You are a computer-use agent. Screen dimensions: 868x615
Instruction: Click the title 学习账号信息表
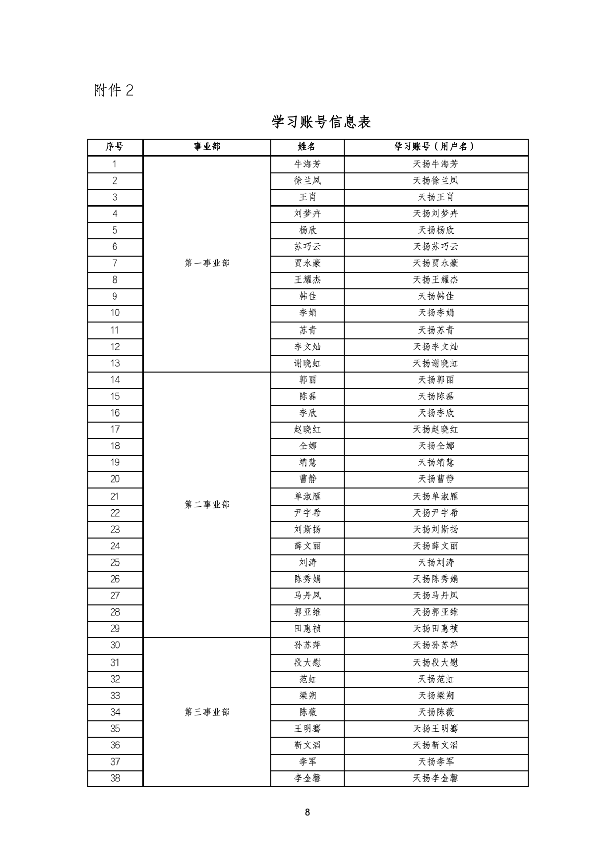pyautogui.click(x=321, y=122)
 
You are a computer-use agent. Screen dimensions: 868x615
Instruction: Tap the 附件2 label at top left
pyautogui.click(x=114, y=90)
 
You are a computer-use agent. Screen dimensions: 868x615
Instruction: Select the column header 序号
pyautogui.click(x=115, y=147)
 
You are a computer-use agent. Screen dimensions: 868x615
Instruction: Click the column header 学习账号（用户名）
pyautogui.click(x=435, y=147)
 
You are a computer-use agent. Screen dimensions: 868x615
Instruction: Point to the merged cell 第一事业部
pyautogui.click(x=207, y=263)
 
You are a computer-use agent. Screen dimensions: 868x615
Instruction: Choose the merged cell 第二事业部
pyautogui.click(x=207, y=504)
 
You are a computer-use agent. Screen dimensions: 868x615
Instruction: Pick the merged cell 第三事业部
pyautogui.click(x=207, y=712)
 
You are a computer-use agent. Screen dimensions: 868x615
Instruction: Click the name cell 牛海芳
pyautogui.click(x=307, y=164)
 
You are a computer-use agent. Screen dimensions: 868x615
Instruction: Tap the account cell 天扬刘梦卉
pyautogui.click(x=435, y=214)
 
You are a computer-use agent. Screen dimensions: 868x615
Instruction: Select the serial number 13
pyautogui.click(x=115, y=363)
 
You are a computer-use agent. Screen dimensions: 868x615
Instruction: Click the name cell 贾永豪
pyautogui.click(x=307, y=263)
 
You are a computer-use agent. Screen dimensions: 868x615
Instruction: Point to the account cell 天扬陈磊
pyautogui.click(x=435, y=396)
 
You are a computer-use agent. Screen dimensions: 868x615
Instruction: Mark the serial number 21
pyautogui.click(x=115, y=496)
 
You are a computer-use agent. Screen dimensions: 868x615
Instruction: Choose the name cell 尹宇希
pyautogui.click(x=307, y=513)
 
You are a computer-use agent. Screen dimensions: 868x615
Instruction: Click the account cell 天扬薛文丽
pyautogui.click(x=435, y=546)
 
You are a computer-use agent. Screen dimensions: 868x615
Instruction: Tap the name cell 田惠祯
pyautogui.click(x=307, y=629)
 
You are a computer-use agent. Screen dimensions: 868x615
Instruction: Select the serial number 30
pyautogui.click(x=115, y=645)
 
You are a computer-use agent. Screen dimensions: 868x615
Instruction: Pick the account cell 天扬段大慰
pyautogui.click(x=435, y=662)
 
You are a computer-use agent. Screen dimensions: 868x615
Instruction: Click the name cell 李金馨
pyautogui.click(x=307, y=778)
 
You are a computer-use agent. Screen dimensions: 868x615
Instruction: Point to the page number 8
pyautogui.click(x=307, y=812)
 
